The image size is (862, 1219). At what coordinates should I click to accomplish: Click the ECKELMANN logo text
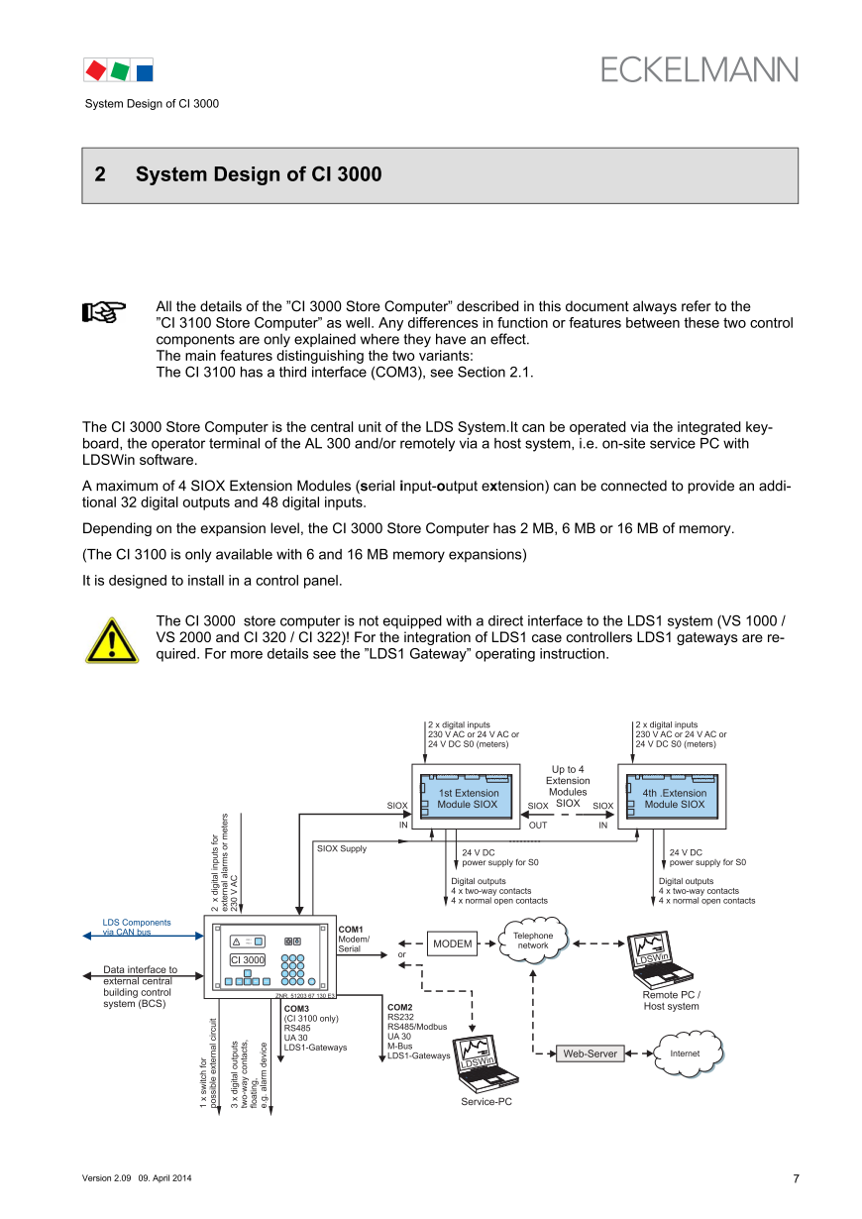699,69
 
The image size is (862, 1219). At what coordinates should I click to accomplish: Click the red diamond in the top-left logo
96,69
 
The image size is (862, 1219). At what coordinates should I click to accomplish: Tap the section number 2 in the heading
100,175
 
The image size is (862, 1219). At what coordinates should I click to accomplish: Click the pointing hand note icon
103,313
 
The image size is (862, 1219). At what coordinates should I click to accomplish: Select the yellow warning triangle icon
111,640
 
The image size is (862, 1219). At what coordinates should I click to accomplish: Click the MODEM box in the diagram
452,943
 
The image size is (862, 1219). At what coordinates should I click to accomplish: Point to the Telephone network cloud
533,941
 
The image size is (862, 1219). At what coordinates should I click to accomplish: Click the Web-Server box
591,1053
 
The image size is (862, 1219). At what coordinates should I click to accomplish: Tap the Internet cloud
685,1053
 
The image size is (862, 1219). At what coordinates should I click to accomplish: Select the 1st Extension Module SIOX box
469,797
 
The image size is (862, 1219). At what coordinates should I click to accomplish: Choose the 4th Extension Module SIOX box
674,797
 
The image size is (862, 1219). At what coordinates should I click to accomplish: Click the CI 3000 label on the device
248,959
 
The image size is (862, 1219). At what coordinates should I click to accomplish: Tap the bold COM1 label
351,930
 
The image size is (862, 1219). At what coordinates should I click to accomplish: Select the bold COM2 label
400,1007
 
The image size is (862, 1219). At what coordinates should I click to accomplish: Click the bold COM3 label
296,1008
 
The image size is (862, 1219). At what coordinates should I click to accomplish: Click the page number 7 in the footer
796,1178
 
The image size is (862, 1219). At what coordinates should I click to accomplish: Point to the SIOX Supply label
342,848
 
